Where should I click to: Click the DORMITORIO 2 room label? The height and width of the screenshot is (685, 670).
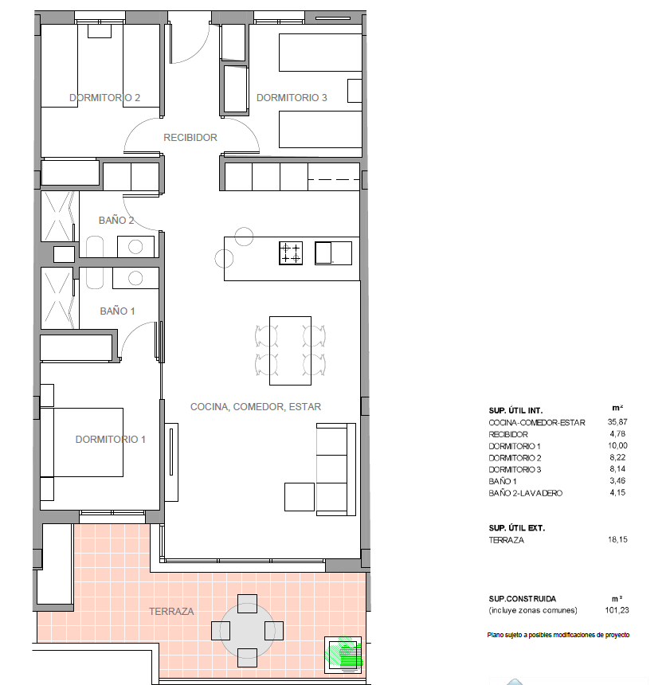(x=104, y=98)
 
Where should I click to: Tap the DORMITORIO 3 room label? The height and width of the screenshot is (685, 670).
(x=292, y=98)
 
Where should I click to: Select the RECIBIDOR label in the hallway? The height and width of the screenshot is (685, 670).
(x=190, y=138)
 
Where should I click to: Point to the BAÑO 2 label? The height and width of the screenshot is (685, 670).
(x=116, y=220)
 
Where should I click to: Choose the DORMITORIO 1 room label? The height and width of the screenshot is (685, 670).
(x=111, y=439)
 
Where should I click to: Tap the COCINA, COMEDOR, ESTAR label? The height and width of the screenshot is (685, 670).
(x=256, y=406)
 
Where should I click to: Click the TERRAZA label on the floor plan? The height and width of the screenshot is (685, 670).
(x=171, y=612)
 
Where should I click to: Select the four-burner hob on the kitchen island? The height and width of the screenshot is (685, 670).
(x=291, y=253)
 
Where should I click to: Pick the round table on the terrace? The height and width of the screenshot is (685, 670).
(x=248, y=630)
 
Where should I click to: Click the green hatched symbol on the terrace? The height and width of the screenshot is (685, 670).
(x=344, y=653)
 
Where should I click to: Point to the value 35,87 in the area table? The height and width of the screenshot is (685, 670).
(x=618, y=422)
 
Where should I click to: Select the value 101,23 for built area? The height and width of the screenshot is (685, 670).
(x=617, y=611)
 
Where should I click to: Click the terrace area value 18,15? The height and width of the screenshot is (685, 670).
(x=618, y=539)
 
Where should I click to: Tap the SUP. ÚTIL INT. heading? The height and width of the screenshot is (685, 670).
(x=515, y=409)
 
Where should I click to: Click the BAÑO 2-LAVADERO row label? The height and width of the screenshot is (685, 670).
(x=525, y=493)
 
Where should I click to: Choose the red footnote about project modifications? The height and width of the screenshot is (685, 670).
(x=558, y=635)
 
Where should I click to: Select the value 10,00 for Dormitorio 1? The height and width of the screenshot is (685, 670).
(x=618, y=446)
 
